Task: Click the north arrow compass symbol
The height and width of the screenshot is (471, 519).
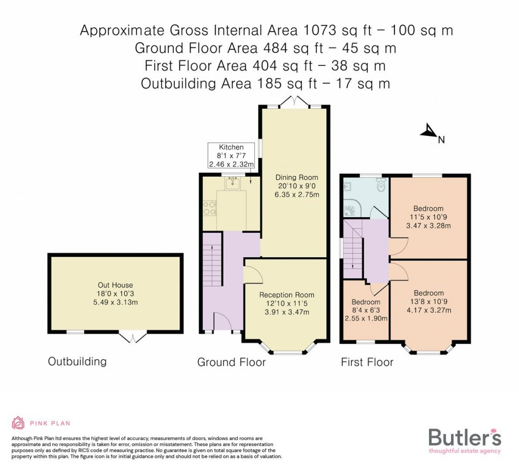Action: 428,132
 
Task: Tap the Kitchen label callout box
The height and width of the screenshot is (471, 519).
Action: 231,156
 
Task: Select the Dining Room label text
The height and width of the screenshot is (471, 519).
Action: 296,186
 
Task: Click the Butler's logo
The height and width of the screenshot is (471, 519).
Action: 464,440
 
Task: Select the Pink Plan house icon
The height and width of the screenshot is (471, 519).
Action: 18,423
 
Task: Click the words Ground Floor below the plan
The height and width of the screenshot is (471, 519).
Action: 231,362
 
